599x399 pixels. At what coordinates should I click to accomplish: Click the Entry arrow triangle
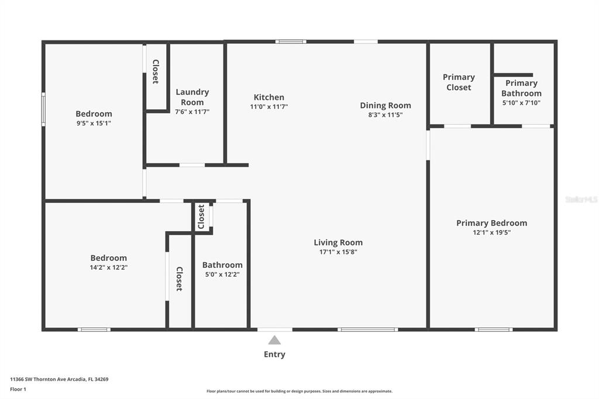[274, 340]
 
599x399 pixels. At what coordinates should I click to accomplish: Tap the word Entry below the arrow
[274, 355]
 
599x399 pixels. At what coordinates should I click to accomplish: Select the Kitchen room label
[269, 97]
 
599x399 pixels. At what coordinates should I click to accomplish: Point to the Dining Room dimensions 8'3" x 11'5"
[385, 115]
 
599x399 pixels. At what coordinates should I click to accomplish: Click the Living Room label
[338, 242]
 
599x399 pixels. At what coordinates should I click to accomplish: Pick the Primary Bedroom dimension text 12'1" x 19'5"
[491, 232]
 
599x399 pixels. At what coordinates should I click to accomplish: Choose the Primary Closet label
[459, 82]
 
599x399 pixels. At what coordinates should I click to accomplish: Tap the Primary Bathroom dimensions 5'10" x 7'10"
[521, 102]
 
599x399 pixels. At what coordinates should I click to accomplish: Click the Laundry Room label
[192, 97]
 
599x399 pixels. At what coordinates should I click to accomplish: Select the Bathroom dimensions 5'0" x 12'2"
[222, 274]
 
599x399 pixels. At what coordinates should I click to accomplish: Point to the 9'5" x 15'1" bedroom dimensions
[94, 123]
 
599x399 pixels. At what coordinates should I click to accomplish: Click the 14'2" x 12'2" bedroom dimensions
[108, 267]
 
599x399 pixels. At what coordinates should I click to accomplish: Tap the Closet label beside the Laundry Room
[156, 71]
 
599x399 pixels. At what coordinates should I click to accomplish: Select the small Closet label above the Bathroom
[201, 216]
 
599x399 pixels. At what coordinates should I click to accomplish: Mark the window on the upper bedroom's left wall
[43, 109]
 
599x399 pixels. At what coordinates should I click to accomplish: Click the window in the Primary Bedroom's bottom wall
[494, 329]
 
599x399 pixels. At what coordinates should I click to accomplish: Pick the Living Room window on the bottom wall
[367, 329]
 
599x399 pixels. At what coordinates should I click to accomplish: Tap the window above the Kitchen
[291, 42]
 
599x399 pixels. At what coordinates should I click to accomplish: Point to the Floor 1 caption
[18, 389]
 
